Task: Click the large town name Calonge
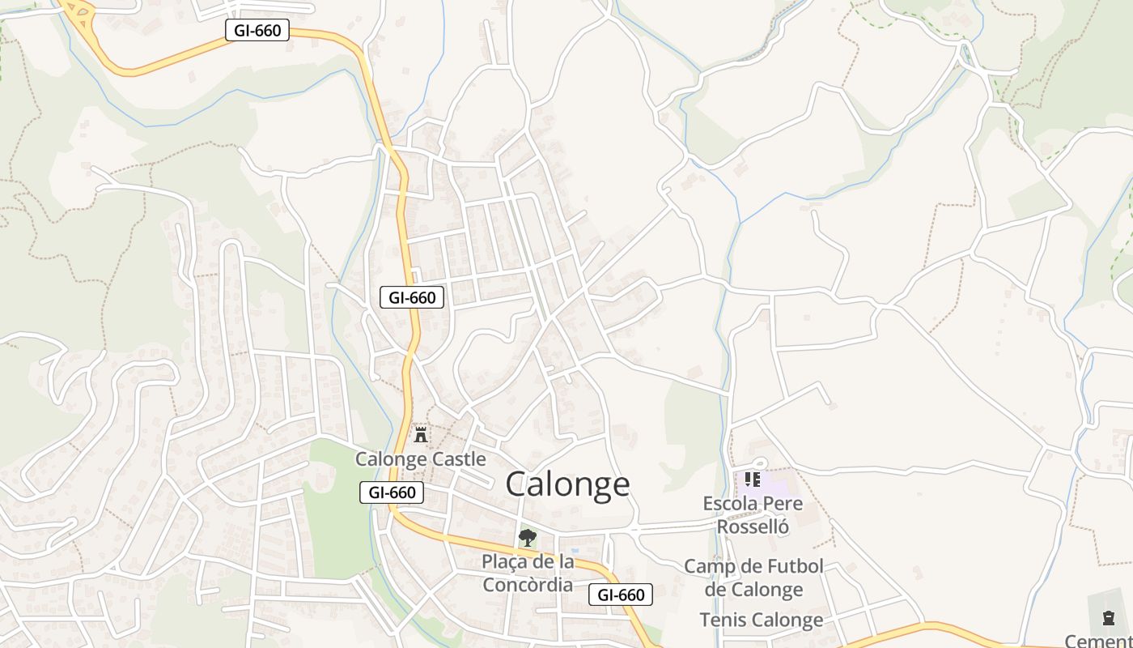567,484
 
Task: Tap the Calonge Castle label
421,459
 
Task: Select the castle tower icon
420,435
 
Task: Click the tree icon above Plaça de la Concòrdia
527,537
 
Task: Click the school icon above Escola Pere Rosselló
753,480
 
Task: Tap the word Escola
730,504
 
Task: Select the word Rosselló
753,527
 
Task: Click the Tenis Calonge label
761,620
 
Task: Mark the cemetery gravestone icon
1108,619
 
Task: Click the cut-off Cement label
1098,641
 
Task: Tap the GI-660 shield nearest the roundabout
257,31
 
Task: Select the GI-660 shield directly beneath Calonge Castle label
392,492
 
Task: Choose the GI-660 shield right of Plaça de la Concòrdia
621,595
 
